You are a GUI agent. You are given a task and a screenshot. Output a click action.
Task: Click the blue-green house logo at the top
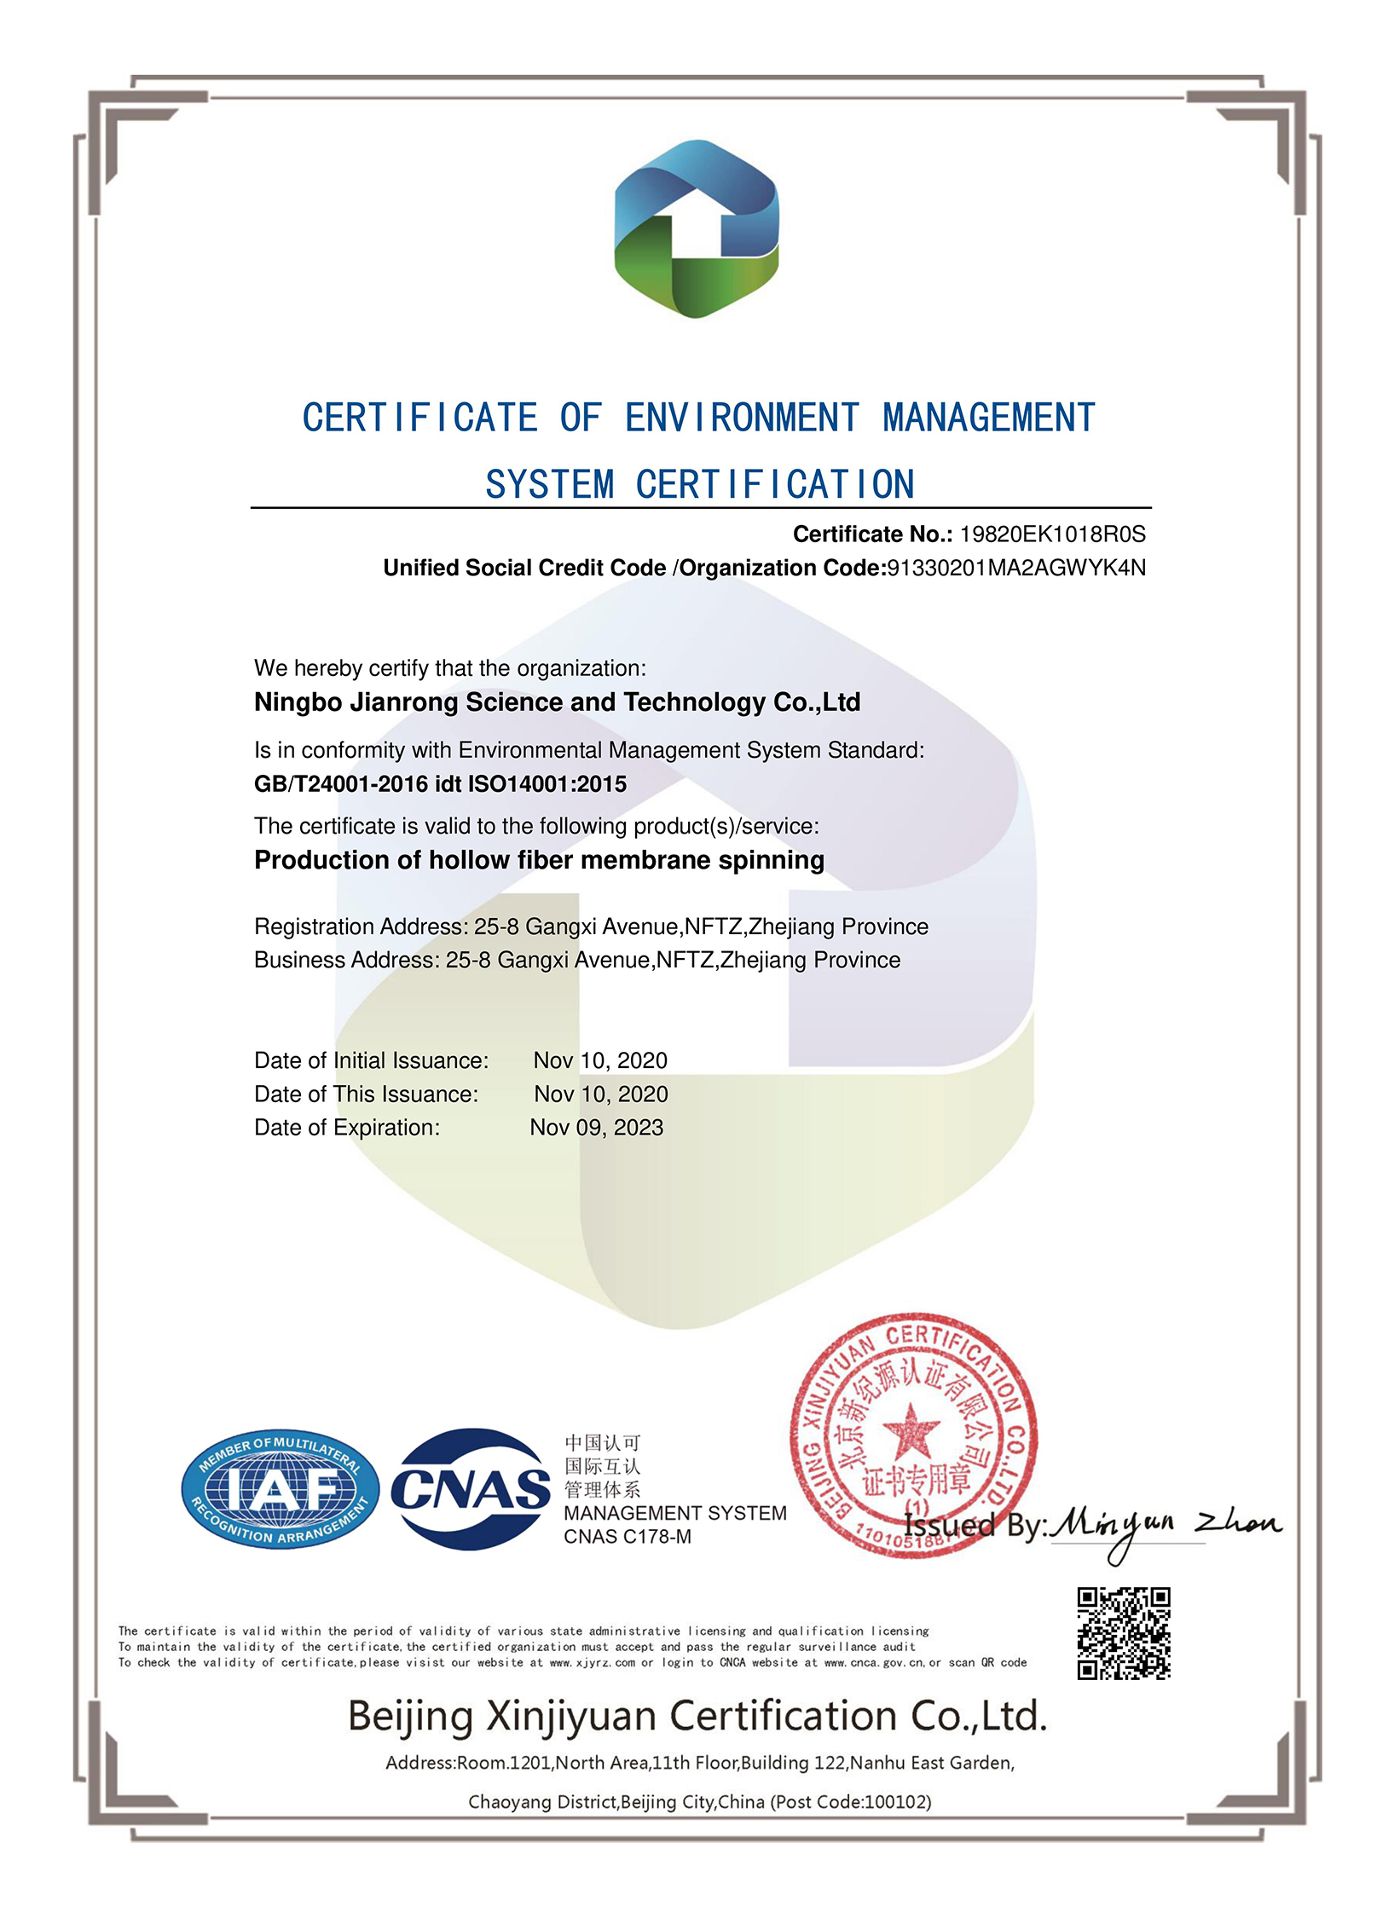[x=696, y=228]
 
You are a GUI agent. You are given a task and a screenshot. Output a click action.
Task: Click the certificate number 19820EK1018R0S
[x=1052, y=534]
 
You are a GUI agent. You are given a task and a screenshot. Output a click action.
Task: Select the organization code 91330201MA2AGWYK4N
[x=1016, y=568]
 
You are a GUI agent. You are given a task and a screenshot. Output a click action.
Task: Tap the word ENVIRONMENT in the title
[x=742, y=419]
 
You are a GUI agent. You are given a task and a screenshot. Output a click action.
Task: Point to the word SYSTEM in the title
[x=549, y=485]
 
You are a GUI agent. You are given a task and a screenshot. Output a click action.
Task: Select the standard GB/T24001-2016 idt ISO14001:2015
[x=440, y=784]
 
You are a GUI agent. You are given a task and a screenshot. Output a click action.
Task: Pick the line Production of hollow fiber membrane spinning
[x=539, y=860]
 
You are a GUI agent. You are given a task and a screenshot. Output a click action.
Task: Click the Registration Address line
[x=591, y=927]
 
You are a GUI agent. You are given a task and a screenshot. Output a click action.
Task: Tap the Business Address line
[x=577, y=960]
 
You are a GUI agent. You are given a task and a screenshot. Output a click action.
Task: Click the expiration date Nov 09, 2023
[x=596, y=1128]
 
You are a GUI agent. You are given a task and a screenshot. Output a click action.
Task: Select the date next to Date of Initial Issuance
[x=600, y=1060]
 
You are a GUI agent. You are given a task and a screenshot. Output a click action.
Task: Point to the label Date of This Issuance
[x=367, y=1094]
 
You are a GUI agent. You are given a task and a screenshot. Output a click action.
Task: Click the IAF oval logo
[x=281, y=1488]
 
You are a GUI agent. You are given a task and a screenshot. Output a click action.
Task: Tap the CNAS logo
[x=470, y=1489]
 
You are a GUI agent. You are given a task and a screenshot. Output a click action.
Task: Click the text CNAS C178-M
[x=628, y=1537]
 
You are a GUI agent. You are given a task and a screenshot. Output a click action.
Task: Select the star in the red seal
[x=910, y=1429]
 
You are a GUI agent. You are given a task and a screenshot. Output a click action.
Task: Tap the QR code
[x=1123, y=1633]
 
